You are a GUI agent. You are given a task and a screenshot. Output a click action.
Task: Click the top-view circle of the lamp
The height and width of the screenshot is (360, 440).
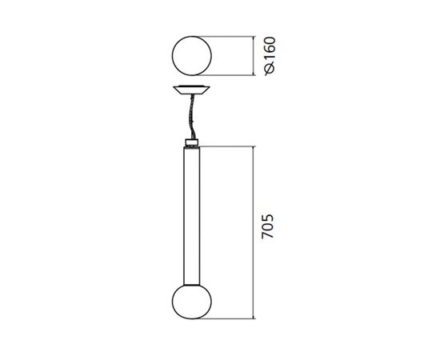193,56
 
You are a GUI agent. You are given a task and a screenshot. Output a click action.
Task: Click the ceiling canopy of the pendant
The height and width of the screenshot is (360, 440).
193,89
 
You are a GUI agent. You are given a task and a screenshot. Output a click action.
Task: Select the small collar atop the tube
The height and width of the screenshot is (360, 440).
193,143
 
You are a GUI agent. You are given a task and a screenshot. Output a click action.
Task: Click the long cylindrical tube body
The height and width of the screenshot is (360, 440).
193,216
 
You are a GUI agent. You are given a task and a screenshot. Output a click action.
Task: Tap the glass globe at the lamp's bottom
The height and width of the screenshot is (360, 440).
193,306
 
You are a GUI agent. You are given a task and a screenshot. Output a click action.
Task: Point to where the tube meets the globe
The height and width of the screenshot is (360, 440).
193,286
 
